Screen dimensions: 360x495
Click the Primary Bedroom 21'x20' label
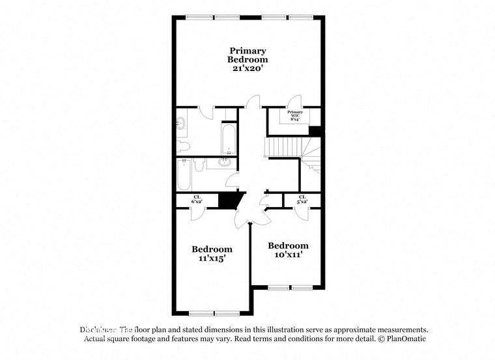point(247,59)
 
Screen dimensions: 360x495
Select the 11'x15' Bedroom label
point(212,253)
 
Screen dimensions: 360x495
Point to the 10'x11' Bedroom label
point(288,250)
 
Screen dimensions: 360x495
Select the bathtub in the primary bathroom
point(229,137)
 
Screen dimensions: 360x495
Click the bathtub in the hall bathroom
point(183,174)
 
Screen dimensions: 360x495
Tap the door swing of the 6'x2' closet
point(195,214)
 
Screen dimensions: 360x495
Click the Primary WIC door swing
point(294,101)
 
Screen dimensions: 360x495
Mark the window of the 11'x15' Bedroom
point(212,313)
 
